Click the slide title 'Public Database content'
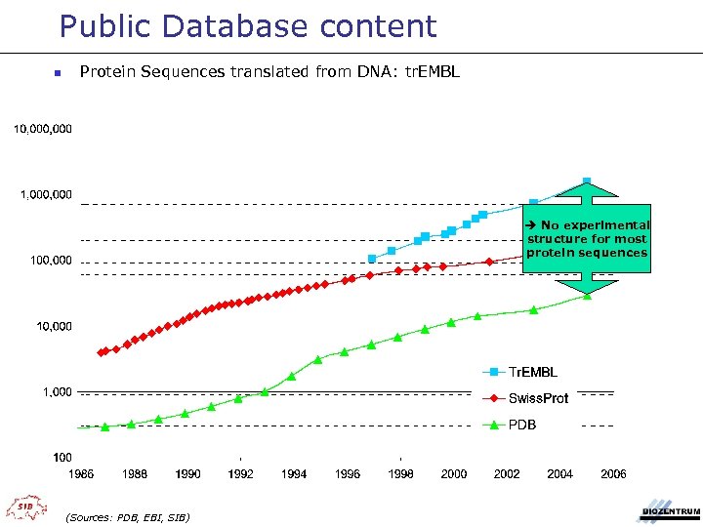(x=247, y=26)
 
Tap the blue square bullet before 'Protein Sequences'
(x=58, y=73)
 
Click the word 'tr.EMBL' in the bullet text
(x=433, y=71)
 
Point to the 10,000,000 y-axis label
(x=42, y=129)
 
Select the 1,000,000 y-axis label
(x=46, y=194)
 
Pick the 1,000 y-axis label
(x=56, y=391)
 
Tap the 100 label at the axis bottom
(x=62, y=457)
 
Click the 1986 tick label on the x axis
(x=82, y=474)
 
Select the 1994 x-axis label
(x=294, y=474)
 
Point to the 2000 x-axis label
(x=453, y=474)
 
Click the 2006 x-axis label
(x=613, y=474)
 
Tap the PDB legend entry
(x=521, y=425)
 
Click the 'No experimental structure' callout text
(x=588, y=239)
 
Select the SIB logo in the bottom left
(x=22, y=507)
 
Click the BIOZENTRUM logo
(x=670, y=510)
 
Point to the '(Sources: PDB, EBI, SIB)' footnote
(x=127, y=516)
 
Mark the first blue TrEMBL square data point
(x=372, y=259)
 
